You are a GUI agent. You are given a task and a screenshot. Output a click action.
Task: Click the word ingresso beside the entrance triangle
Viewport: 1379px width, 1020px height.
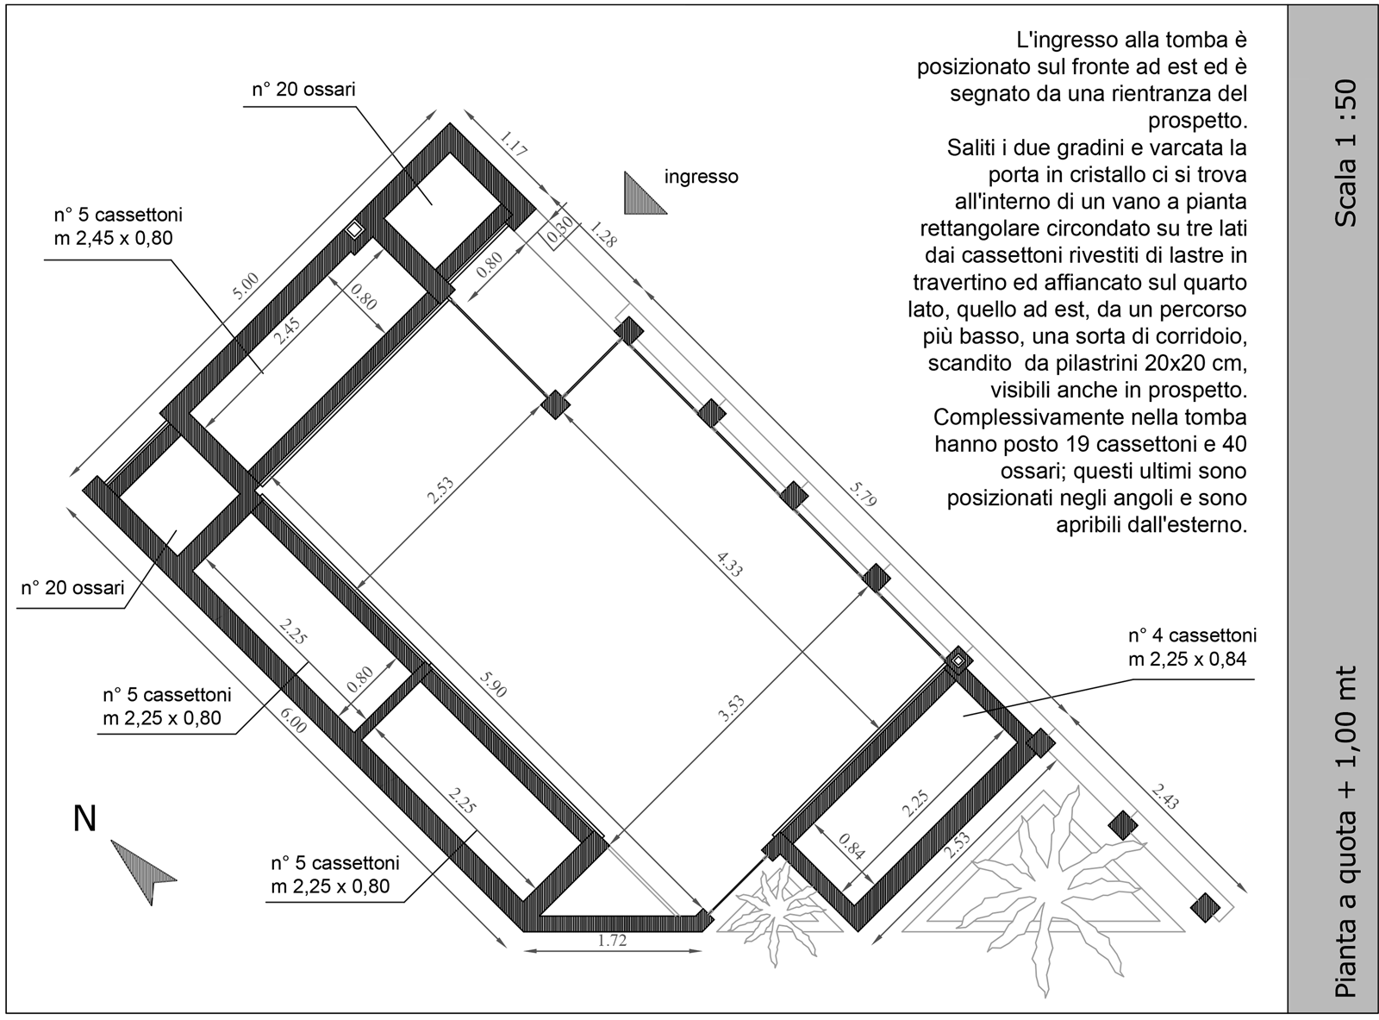(702, 177)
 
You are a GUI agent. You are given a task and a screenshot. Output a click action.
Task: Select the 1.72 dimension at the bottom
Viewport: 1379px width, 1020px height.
(612, 941)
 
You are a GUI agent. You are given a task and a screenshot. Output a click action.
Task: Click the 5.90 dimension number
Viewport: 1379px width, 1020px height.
(492, 684)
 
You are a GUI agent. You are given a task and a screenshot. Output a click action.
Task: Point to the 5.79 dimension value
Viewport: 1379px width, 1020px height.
(863, 493)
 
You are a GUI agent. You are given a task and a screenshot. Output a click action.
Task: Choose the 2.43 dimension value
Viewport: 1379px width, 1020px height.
(1164, 797)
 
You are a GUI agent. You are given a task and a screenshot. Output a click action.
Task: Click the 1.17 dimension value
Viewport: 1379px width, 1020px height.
(513, 143)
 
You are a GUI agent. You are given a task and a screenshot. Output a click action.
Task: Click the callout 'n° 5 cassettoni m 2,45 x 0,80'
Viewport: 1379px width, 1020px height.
(117, 227)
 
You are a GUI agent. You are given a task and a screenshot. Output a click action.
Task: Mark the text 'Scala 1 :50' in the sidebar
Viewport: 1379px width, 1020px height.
(1345, 153)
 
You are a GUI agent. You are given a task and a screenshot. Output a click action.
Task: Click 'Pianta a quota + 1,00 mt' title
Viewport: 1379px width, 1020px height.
(1345, 841)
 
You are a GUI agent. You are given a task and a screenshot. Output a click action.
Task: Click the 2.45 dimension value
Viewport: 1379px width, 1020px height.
(287, 331)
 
